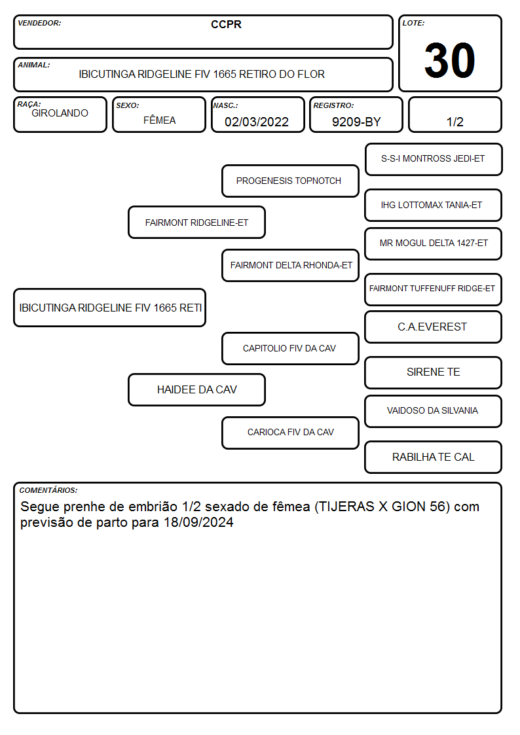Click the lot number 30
pos(450,60)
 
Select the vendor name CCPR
pos(226,24)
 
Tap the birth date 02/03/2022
pos(257,122)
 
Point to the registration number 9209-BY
pos(356,122)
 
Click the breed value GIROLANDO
pos(60,113)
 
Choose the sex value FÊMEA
pos(159,120)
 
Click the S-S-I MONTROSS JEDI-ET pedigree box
pos(434,160)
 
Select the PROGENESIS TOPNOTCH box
pos(290,181)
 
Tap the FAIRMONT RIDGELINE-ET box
pos(196,222)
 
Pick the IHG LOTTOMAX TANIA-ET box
pos(434,206)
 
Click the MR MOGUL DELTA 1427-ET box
pos(434,243)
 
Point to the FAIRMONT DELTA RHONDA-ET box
pos(290,265)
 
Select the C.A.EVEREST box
pos(434,327)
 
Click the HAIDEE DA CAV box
pos(196,389)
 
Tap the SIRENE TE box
pos(434,372)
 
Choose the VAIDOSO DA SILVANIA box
pos(434,411)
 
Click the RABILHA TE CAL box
pos(434,457)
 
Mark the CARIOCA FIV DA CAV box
pos(290,433)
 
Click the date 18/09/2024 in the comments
pos(198,522)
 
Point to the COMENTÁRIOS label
pos(48,490)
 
